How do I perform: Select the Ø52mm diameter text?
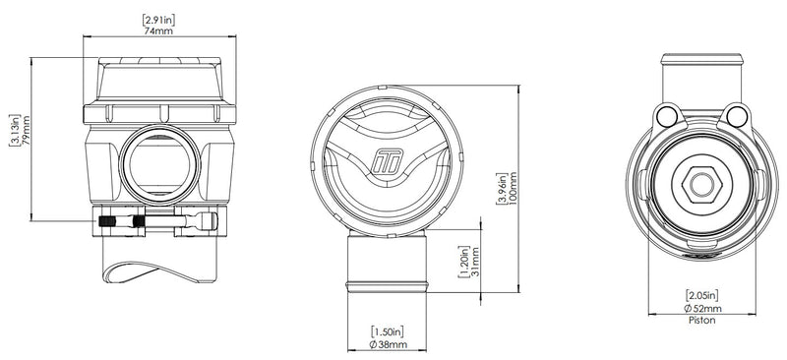pos(703,308)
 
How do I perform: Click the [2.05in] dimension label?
pos(703,294)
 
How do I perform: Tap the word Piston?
pos(703,321)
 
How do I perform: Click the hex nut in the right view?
pos(702,183)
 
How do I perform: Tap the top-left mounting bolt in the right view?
pos(668,118)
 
